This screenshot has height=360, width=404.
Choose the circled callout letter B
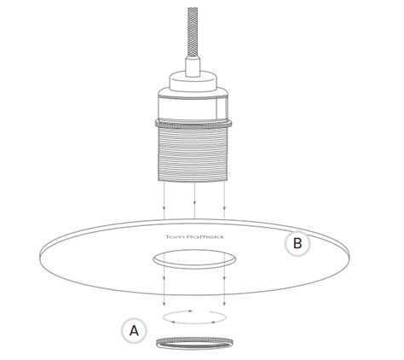click(x=297, y=243)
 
